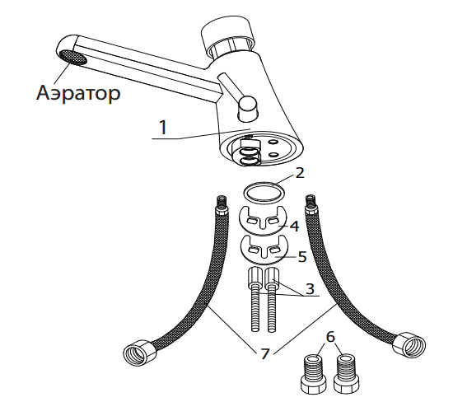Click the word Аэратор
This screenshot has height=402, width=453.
click(x=78, y=93)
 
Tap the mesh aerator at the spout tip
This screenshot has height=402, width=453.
click(x=73, y=57)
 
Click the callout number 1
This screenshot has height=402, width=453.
click(x=163, y=128)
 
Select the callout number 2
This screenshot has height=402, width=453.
click(x=300, y=173)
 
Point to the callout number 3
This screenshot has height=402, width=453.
click(x=310, y=288)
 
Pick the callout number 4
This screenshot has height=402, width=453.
click(x=294, y=226)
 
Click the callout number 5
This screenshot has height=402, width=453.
click(x=302, y=256)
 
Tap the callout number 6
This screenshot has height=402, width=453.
click(x=330, y=337)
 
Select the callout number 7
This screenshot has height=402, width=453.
click(x=264, y=353)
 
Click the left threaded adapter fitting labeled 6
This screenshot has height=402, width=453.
click(x=314, y=375)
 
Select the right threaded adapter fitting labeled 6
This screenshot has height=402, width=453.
click(x=346, y=375)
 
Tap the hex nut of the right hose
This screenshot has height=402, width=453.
click(x=409, y=345)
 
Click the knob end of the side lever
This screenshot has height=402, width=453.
click(x=246, y=109)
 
